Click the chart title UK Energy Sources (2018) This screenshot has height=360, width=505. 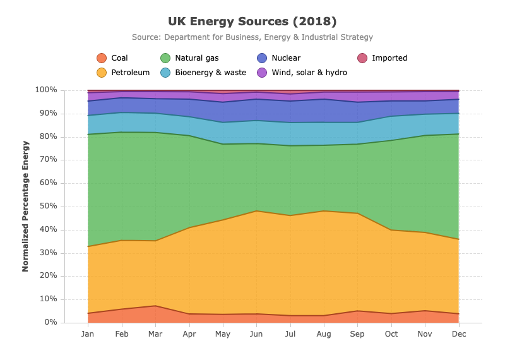pos(252,21)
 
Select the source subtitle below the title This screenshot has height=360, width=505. pos(252,37)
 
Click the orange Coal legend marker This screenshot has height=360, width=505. pos(102,58)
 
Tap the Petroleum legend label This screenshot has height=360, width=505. pos(131,73)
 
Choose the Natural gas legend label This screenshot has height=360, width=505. pos(197,58)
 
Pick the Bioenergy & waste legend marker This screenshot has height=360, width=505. pos(165,73)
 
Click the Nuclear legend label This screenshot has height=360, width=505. pos(286,58)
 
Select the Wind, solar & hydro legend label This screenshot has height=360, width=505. pos(309,73)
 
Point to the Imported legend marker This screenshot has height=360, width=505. pos(362,58)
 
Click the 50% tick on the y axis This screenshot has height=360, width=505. pos(49,206)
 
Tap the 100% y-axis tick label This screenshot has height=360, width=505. pos(46,90)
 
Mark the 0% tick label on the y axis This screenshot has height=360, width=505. pos(50,322)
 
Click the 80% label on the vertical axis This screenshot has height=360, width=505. pos(49,136)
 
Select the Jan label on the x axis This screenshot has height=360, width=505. pos(88,334)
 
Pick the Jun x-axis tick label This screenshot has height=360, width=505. pos(256,334)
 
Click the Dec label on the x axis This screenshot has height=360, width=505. pos(459,334)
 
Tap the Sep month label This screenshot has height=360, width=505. pos(357,334)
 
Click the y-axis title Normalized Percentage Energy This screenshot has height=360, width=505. pos(25,207)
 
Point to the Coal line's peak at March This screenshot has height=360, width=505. pos(155,306)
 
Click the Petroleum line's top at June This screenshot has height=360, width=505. pos(256,211)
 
